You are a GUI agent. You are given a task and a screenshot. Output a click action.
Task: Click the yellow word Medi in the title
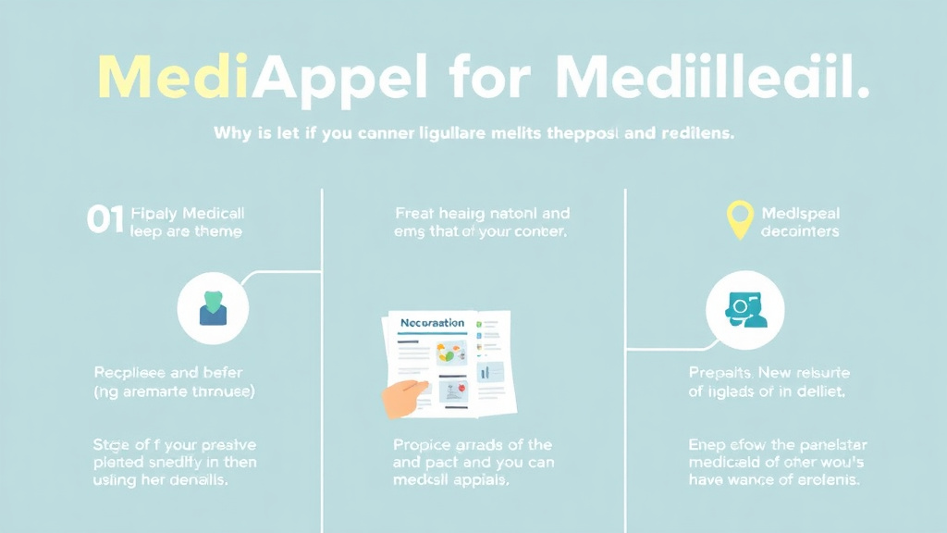172,78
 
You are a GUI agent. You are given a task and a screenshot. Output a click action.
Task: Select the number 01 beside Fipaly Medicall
105,219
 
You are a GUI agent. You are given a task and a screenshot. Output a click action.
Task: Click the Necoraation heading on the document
432,323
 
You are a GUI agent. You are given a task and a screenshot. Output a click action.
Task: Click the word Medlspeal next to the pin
800,213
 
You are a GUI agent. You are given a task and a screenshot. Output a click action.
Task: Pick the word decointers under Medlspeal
800,231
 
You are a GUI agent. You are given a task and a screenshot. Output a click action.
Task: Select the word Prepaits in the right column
721,373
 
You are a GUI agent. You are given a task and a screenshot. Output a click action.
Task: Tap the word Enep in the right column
707,445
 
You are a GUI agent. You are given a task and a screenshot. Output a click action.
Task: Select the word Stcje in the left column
113,445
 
